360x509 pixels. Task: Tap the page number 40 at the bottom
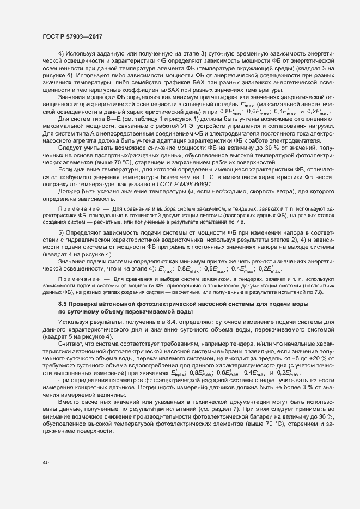pyautogui.click(x=45, y=463)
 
